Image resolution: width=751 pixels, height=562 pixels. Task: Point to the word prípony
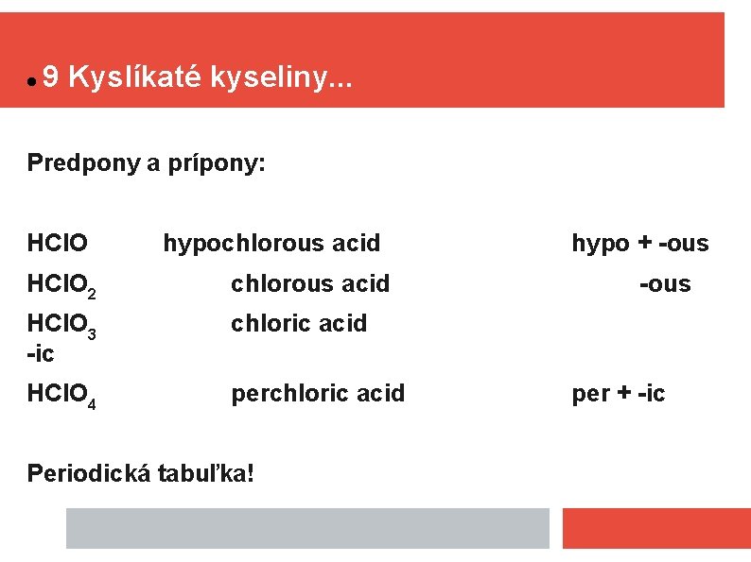coord(217,164)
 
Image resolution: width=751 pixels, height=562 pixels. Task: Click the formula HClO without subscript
coord(58,244)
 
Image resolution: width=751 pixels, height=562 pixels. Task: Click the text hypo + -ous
coord(639,244)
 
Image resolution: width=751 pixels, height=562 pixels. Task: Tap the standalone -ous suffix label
coord(665,283)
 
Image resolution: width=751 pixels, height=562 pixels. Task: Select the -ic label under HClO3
coord(41,353)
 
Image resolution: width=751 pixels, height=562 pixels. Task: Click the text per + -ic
coord(619,393)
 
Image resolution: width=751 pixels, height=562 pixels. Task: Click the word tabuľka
coord(208,472)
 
